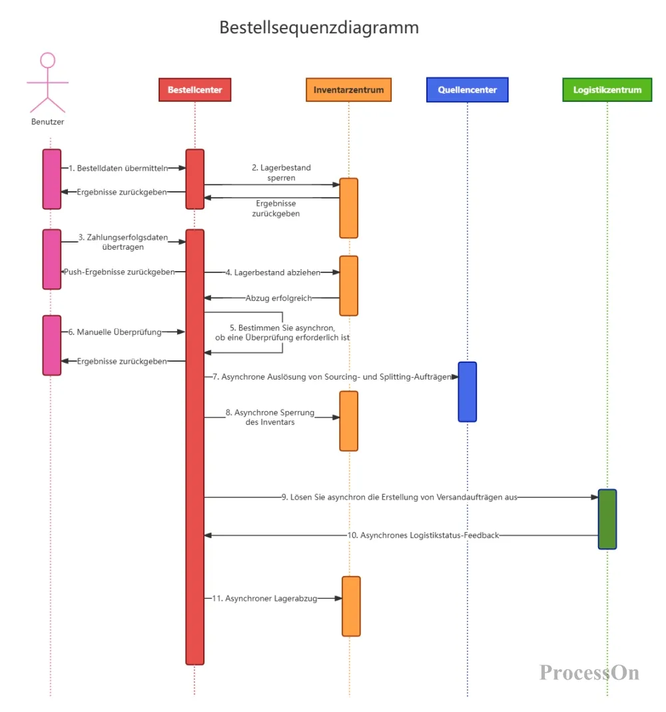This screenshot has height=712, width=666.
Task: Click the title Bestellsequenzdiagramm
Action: pyautogui.click(x=319, y=28)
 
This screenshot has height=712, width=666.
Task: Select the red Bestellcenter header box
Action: pyautogui.click(x=194, y=89)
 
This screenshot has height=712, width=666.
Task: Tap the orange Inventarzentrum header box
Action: pyautogui.click(x=349, y=89)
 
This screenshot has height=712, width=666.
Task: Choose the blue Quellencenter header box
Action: pyautogui.click(x=467, y=89)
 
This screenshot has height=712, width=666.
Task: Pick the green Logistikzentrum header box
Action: pyautogui.click(x=607, y=89)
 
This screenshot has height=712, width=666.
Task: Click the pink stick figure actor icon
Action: pyautogui.click(x=48, y=83)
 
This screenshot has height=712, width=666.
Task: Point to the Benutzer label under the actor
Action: pyautogui.click(x=48, y=122)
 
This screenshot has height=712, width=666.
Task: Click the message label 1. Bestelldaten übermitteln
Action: pyautogui.click(x=118, y=168)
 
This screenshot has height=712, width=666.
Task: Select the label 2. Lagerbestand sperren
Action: pyautogui.click(x=282, y=173)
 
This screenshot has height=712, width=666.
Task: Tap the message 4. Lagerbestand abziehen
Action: pyautogui.click(x=273, y=272)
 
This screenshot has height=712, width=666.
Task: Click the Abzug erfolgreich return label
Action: pyautogui.click(x=279, y=298)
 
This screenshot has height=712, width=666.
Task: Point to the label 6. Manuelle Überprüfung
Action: pyautogui.click(x=115, y=332)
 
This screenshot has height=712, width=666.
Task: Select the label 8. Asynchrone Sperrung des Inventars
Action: pyautogui.click(x=270, y=418)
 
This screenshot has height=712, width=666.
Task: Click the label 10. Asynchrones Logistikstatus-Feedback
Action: pyautogui.click(x=423, y=535)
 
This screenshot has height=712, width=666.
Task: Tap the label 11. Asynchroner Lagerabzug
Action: pyautogui.click(x=264, y=599)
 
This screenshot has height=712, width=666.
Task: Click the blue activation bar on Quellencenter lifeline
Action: pyautogui.click(x=467, y=392)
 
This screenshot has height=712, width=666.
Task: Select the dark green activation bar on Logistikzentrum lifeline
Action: pyautogui.click(x=607, y=519)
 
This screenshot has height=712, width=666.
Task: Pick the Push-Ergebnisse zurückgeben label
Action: pyautogui.click(x=119, y=272)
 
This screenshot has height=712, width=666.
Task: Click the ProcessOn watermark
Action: pyautogui.click(x=589, y=673)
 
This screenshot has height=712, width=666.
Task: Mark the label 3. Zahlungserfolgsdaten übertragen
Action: pyautogui.click(x=123, y=242)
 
